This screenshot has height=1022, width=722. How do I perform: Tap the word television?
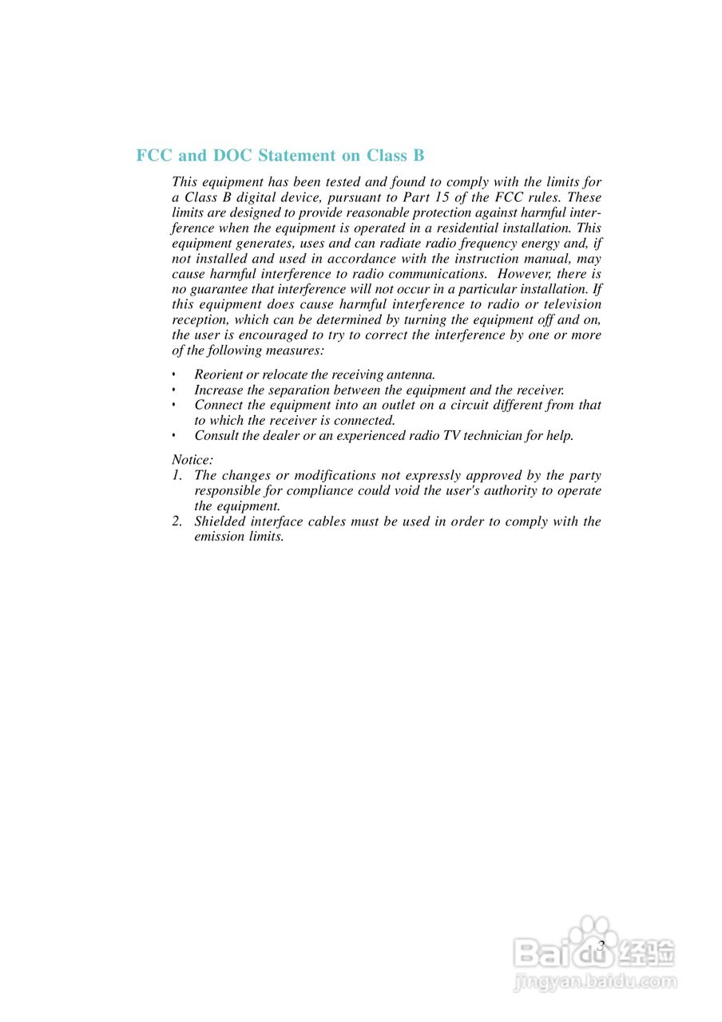pyautogui.click(x=571, y=304)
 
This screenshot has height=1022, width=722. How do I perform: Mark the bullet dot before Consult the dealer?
pyautogui.click(x=174, y=436)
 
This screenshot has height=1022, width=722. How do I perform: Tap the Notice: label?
pyautogui.click(x=192, y=460)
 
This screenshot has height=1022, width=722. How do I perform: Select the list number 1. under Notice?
pyautogui.click(x=177, y=475)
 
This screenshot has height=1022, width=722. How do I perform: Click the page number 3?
pyautogui.click(x=601, y=945)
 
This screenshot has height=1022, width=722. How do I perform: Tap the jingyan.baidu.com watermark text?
pyautogui.click(x=595, y=981)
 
